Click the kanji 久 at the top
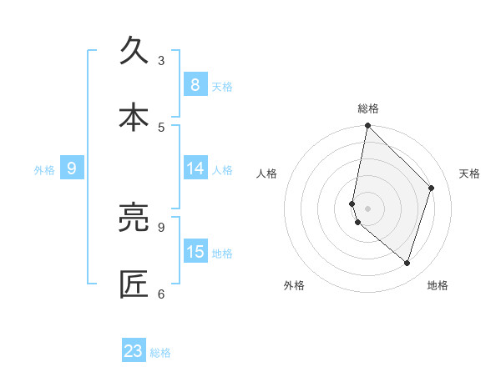pyautogui.click(x=134, y=51)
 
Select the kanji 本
pyautogui.click(x=134, y=118)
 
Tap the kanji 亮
pyautogui.click(x=134, y=218)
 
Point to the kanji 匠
pyautogui.click(x=134, y=284)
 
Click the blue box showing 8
pyautogui.click(x=195, y=84)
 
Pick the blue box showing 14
pyautogui.click(x=195, y=168)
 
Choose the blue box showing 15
pyautogui.click(x=195, y=252)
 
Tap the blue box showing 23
pyautogui.click(x=134, y=351)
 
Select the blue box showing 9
pyautogui.click(x=72, y=168)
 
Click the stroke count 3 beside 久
pyautogui.click(x=161, y=60)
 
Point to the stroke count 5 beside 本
pyautogui.click(x=161, y=127)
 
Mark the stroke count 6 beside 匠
pyautogui.click(x=161, y=294)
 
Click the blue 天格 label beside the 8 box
pyautogui.click(x=222, y=86)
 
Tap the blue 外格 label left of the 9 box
pyautogui.click(x=44, y=170)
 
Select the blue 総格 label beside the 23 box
pyautogui.click(x=160, y=353)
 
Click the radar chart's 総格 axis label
pyautogui.click(x=368, y=108)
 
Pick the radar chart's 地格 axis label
pyautogui.click(x=438, y=285)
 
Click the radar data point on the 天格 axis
pyautogui.click(x=432, y=188)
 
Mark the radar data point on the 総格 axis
pyautogui.click(x=368, y=125)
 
